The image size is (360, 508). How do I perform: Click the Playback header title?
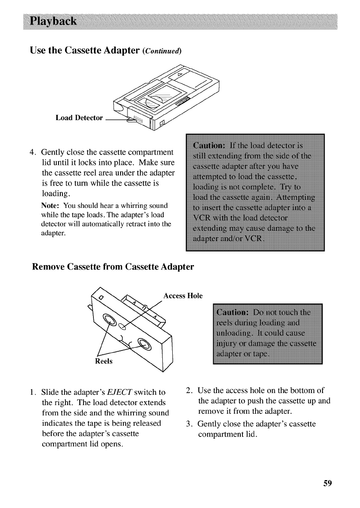[x=53, y=21]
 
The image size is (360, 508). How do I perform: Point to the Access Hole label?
[x=183, y=296]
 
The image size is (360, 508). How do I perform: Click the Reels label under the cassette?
[x=104, y=361]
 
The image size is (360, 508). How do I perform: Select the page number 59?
[x=328, y=483]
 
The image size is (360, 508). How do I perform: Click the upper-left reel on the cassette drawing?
[x=109, y=320]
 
